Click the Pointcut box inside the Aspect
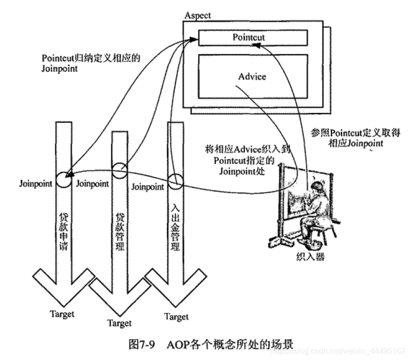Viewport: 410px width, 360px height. (253, 38)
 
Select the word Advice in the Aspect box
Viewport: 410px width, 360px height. (252, 77)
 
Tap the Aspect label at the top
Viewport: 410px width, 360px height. (198, 15)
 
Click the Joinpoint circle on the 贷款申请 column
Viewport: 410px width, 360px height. (62, 179)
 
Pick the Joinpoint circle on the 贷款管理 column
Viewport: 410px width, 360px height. (120, 170)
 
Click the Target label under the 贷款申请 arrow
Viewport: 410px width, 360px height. (62, 313)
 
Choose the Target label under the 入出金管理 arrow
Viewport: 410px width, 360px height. (176, 316)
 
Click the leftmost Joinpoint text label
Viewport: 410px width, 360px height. (36, 184)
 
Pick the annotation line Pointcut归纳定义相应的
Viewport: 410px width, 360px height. (91, 58)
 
